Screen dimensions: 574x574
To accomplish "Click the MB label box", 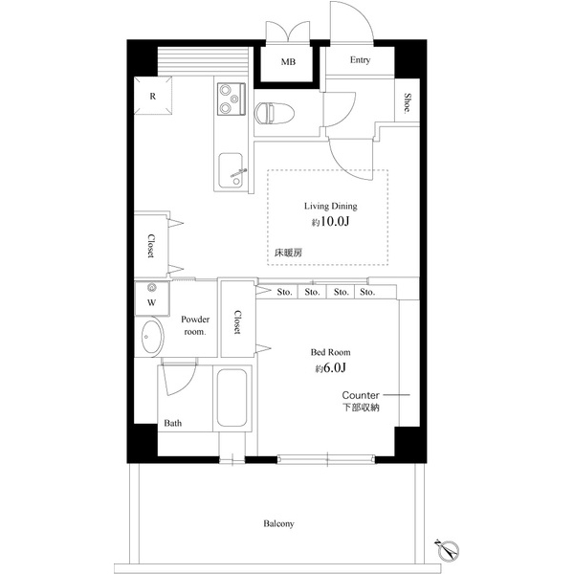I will point(288,62).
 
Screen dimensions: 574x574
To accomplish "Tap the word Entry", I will point(360,60).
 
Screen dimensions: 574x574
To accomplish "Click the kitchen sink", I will point(232,171).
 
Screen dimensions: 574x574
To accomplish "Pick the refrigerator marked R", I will point(153,96).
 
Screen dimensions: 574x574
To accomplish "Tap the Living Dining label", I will point(328,206).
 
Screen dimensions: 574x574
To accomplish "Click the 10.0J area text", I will point(328,222).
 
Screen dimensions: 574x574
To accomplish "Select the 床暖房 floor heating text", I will point(290,254).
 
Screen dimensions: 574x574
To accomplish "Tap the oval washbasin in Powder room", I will point(151,338).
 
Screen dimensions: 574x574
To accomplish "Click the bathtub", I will point(232,397).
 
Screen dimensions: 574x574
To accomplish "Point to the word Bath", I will point(173,422).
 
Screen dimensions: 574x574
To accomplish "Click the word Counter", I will point(362,394).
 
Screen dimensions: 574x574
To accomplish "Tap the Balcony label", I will point(277,524).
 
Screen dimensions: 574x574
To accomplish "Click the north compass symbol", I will point(448,550).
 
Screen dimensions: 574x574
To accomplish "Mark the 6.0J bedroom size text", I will point(330,368).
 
